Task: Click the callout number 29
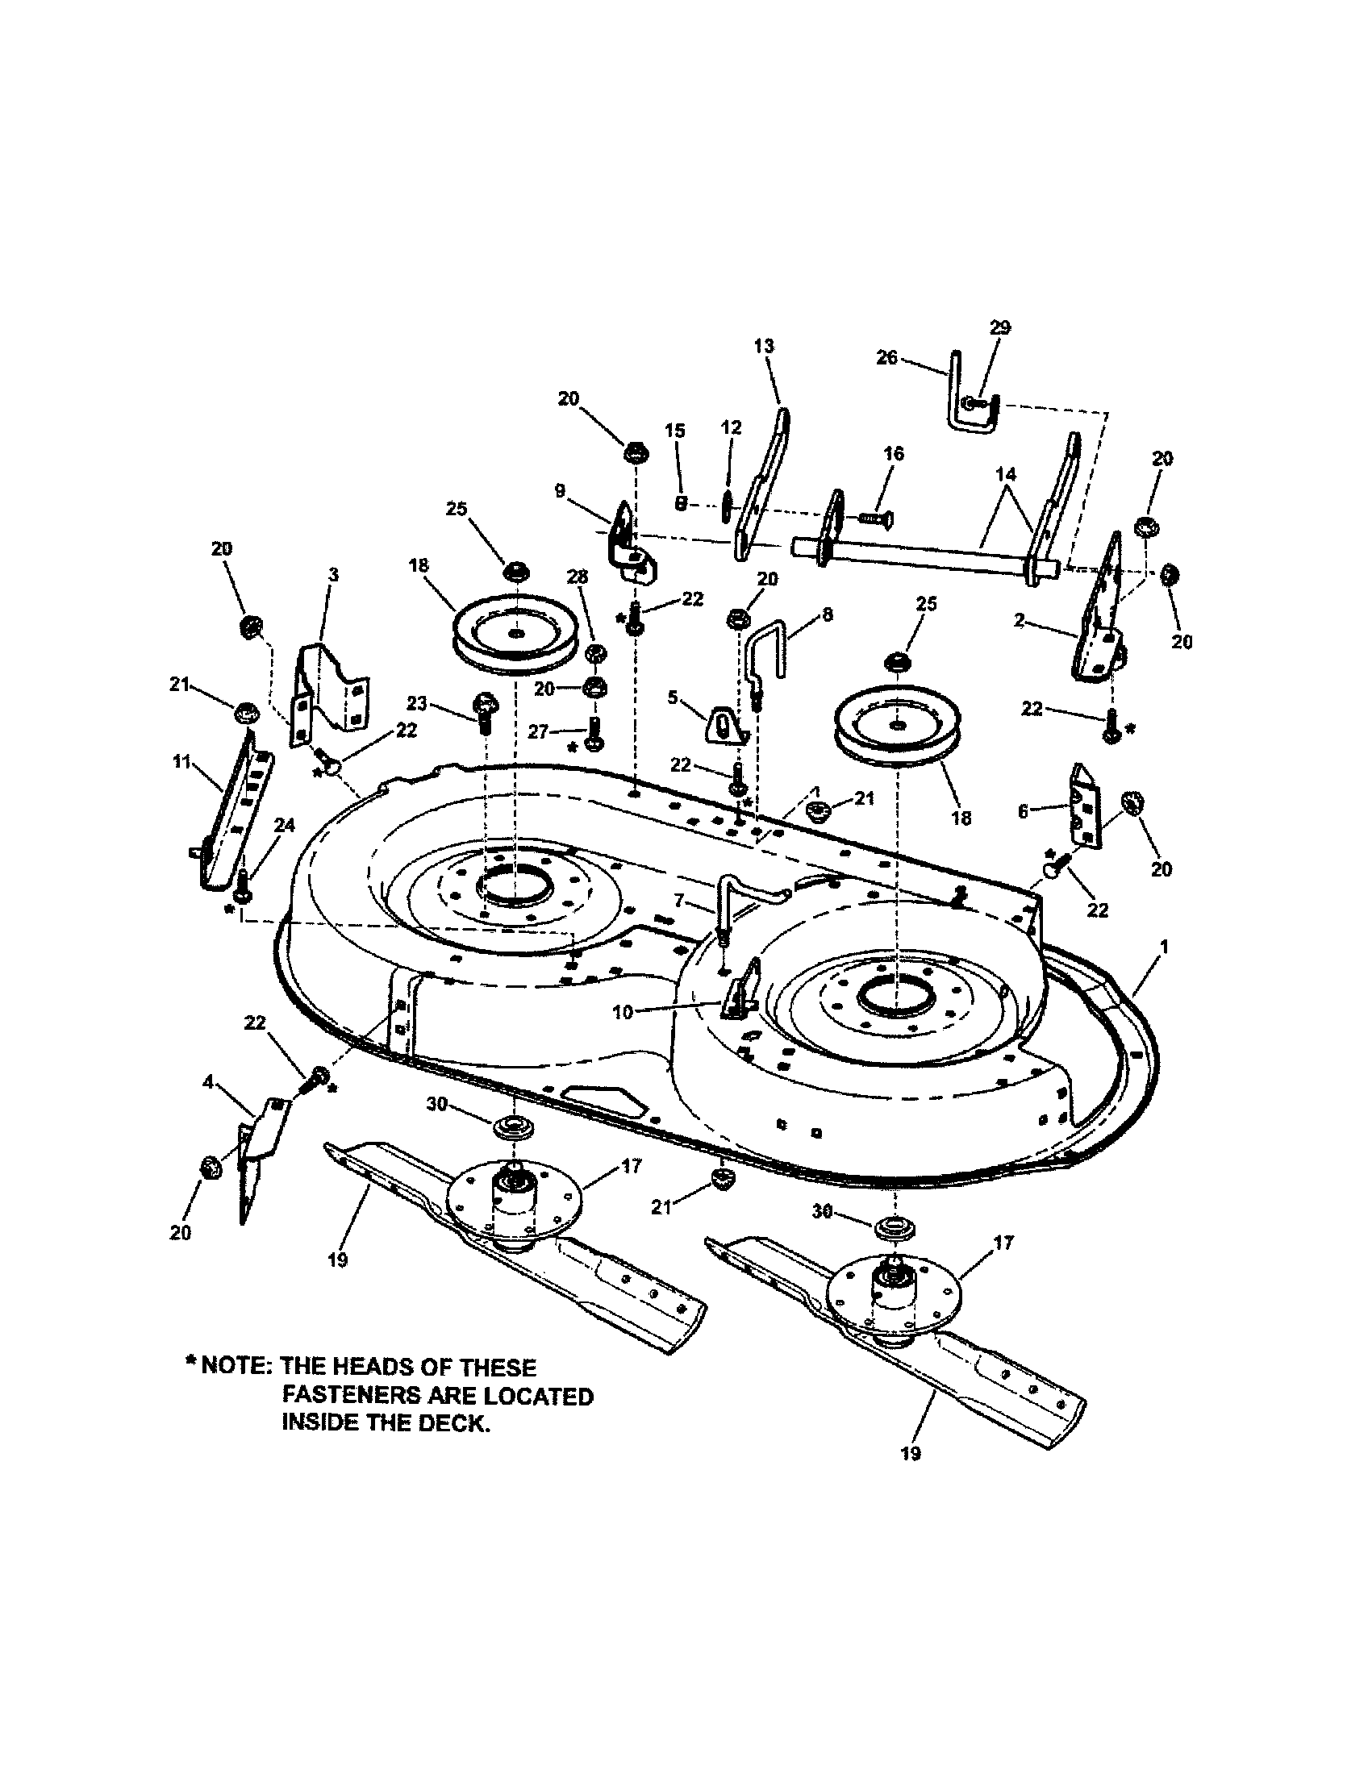[1000, 327]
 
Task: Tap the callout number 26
[886, 357]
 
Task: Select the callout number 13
[764, 346]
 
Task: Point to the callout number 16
[894, 453]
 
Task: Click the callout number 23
[416, 704]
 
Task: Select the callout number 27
[539, 732]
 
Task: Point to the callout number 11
[181, 762]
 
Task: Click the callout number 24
[283, 825]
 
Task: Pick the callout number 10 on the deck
[622, 1012]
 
